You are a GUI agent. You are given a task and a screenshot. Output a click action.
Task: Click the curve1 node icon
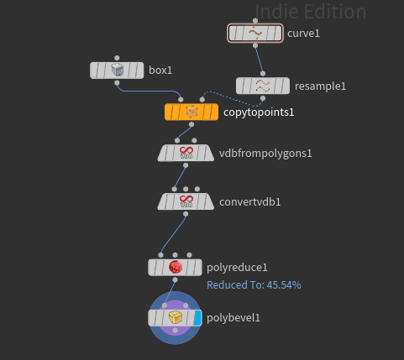click(x=255, y=33)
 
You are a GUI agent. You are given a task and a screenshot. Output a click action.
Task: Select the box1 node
click(x=117, y=70)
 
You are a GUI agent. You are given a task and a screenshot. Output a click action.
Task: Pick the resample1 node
click(x=263, y=86)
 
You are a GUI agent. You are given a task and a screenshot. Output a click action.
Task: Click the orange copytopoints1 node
click(x=192, y=112)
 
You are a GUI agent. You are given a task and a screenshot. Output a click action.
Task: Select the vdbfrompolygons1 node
click(x=186, y=153)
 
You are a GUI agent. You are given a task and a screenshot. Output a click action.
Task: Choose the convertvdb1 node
click(x=186, y=201)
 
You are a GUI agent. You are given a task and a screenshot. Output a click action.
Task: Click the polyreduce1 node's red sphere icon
click(x=176, y=267)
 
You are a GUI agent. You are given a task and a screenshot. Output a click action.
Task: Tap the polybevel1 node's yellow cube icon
click(x=176, y=318)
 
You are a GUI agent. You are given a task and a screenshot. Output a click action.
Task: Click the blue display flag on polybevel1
click(x=197, y=318)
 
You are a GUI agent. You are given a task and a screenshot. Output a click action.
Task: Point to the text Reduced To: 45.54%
click(x=254, y=285)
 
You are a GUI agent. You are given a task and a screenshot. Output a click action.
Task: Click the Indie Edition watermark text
click(x=311, y=12)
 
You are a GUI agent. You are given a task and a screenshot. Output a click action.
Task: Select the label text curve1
click(x=303, y=34)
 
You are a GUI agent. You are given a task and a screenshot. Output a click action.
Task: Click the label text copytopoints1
click(x=259, y=112)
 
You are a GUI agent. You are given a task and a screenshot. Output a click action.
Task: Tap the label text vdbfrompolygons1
click(x=265, y=154)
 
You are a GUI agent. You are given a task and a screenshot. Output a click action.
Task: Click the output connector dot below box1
click(x=117, y=83)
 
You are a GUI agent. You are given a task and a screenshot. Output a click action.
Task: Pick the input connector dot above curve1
click(x=255, y=21)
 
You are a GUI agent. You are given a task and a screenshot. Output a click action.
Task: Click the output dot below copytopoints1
click(x=192, y=124)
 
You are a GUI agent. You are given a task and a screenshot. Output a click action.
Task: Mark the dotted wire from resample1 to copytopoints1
click(x=232, y=98)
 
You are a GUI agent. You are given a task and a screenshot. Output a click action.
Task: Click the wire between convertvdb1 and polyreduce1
click(x=173, y=235)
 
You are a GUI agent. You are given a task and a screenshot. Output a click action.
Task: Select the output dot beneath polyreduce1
click(x=175, y=279)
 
